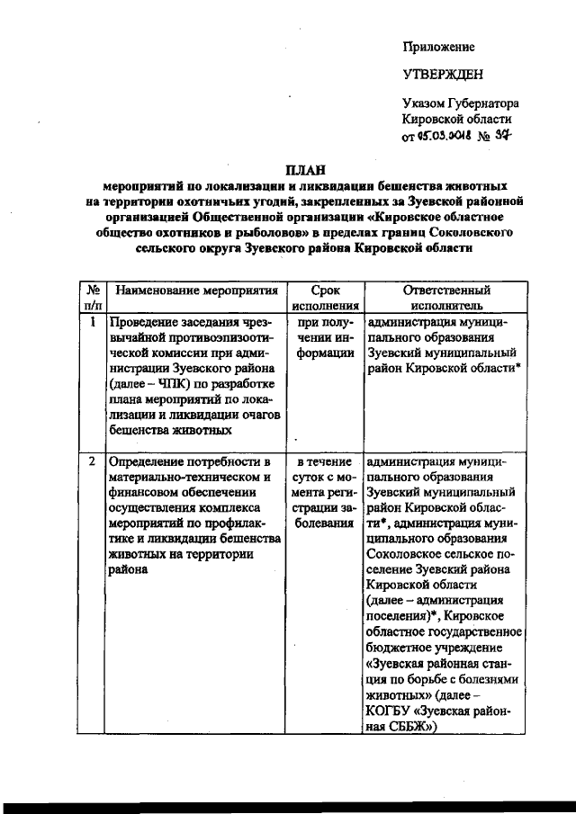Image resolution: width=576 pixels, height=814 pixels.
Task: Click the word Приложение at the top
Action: point(438,47)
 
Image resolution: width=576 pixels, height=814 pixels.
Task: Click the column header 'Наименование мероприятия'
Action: point(195,291)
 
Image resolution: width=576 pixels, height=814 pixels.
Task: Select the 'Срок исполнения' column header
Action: point(324,299)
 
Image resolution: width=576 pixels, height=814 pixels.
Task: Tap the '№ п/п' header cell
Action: point(92,299)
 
